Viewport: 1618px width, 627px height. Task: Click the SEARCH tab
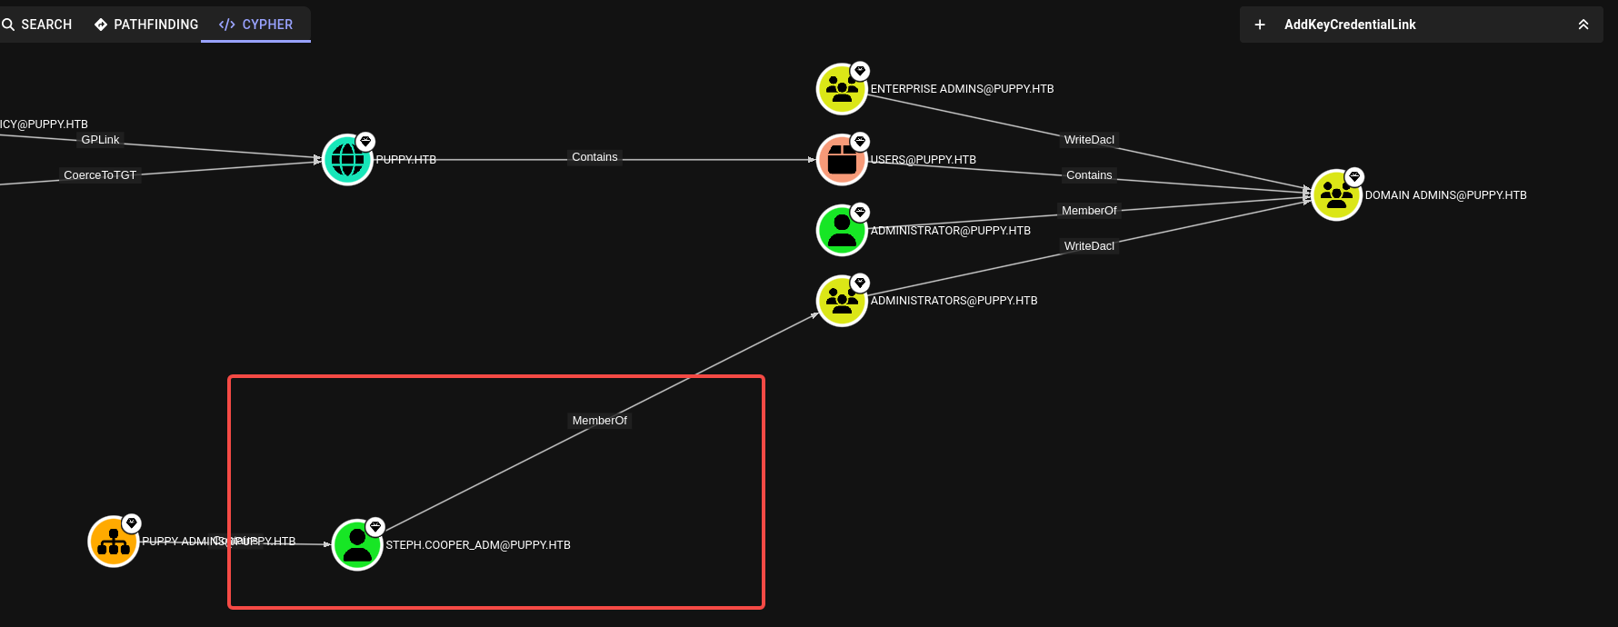37,25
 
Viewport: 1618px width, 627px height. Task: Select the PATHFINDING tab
146,25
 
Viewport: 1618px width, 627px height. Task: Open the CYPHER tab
256,25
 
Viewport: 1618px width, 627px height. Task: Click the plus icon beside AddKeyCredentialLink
1260,25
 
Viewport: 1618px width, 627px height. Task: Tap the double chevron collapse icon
1583,25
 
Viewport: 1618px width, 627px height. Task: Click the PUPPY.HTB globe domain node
347,160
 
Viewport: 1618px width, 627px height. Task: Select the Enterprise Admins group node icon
842,89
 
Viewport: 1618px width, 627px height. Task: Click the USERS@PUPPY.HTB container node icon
842,160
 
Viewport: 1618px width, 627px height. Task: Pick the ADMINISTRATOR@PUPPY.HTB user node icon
842,231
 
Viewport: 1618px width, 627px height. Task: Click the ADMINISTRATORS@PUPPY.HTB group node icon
842,301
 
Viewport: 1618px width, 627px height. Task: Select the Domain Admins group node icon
1336,195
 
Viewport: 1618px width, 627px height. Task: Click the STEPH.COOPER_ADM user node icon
357,545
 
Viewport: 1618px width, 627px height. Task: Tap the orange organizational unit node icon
114,542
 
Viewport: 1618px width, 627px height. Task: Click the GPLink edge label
100,140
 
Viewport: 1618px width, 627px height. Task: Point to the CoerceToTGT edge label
100,175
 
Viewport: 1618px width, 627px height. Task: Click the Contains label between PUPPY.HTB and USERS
594,157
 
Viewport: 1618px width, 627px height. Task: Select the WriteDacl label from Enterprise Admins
1089,140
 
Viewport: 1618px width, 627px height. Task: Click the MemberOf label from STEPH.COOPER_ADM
599,421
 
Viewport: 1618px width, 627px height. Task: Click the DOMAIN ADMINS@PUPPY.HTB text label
1445,195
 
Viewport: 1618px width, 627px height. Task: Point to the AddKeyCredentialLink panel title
1350,25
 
